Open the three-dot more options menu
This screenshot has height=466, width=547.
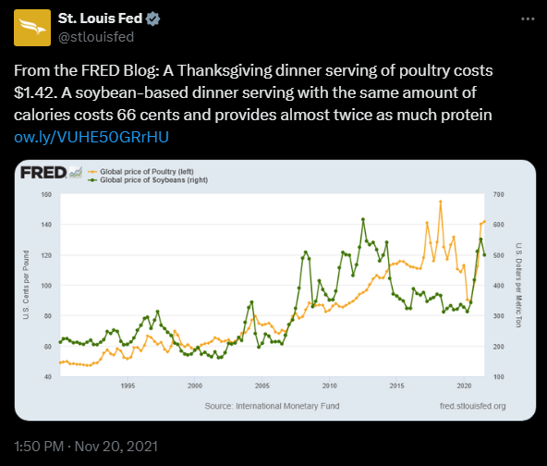(526, 18)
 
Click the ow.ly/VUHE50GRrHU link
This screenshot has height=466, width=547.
(91, 137)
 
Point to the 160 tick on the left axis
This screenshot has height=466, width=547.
(45, 195)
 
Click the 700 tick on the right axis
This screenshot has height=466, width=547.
(500, 195)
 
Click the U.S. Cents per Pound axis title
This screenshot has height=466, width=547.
(29, 286)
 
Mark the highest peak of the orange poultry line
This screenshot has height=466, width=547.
(440, 202)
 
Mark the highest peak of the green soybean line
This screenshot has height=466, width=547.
(363, 219)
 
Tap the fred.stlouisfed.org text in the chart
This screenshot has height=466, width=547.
(474, 405)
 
